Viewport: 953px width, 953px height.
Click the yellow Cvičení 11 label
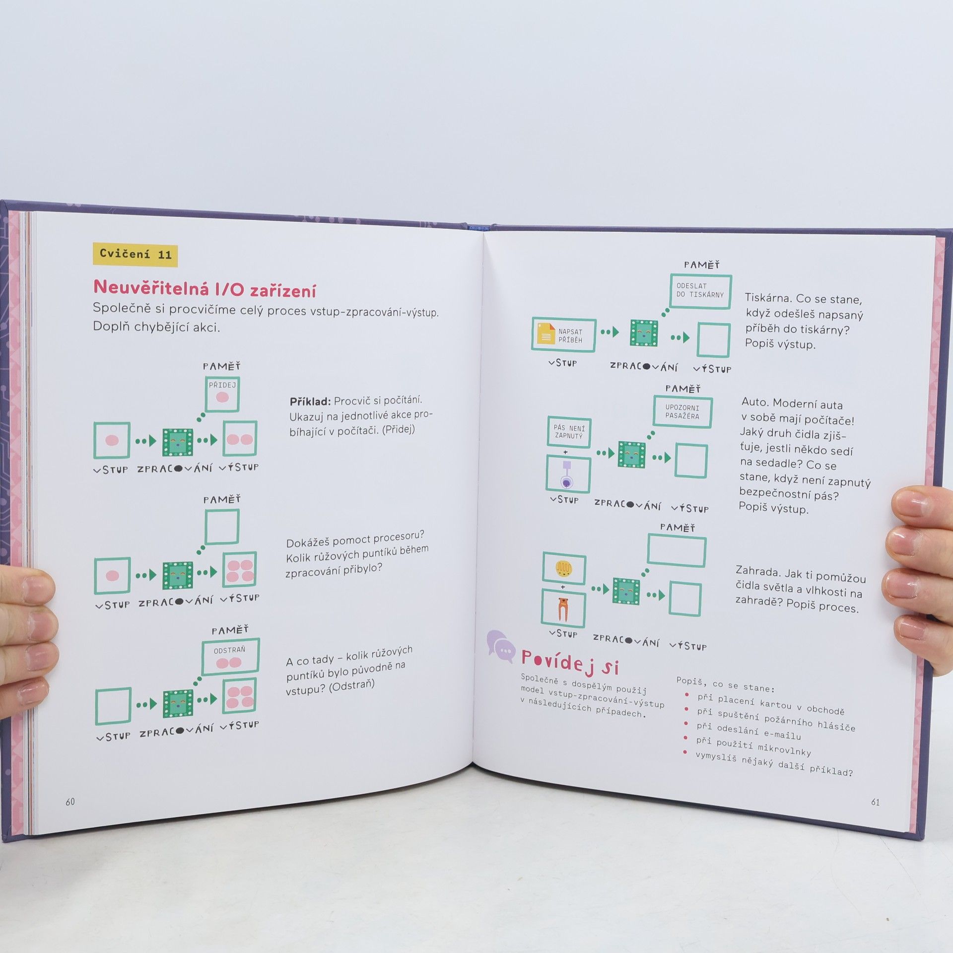click(x=135, y=255)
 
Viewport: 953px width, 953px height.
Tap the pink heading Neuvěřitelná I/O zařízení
click(x=204, y=288)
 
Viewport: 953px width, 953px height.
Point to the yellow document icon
click(x=545, y=334)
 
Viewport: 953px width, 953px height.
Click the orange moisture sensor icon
click(x=562, y=609)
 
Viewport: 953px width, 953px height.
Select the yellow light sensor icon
click(x=564, y=568)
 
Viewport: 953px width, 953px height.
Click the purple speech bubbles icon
click(x=500, y=646)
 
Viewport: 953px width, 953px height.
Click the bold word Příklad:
click(x=310, y=402)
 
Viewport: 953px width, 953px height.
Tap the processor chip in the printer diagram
click(x=644, y=333)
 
